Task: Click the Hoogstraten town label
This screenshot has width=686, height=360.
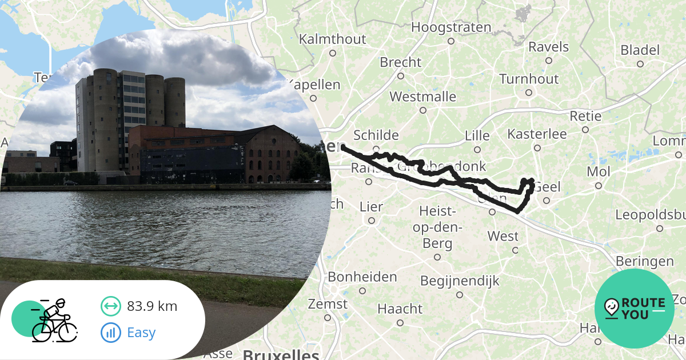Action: click(x=451, y=27)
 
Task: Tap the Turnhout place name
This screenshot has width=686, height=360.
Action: click(x=529, y=79)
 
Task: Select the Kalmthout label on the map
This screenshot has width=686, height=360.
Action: click(x=332, y=39)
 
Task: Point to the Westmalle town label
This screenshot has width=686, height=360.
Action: click(x=423, y=96)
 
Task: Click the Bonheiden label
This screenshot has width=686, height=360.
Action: click(x=362, y=277)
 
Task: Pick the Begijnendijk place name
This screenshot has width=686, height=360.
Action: click(x=460, y=281)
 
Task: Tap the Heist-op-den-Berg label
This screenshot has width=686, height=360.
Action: click(x=437, y=227)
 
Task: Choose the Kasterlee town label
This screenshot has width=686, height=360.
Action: click(x=537, y=134)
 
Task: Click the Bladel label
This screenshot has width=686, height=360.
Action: click(x=640, y=50)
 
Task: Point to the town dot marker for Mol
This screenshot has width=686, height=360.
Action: click(x=599, y=186)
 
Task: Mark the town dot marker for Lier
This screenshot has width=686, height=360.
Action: click(x=372, y=221)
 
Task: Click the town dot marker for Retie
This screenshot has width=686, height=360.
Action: click(x=585, y=130)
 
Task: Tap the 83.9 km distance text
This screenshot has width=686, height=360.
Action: click(x=152, y=306)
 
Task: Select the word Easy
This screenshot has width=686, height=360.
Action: click(x=141, y=333)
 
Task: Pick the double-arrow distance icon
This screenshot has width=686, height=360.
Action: click(x=110, y=306)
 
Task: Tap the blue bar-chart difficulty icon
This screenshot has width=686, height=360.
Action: click(x=110, y=333)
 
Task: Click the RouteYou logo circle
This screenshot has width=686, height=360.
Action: click(x=635, y=309)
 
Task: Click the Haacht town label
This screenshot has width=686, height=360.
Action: click(x=400, y=309)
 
